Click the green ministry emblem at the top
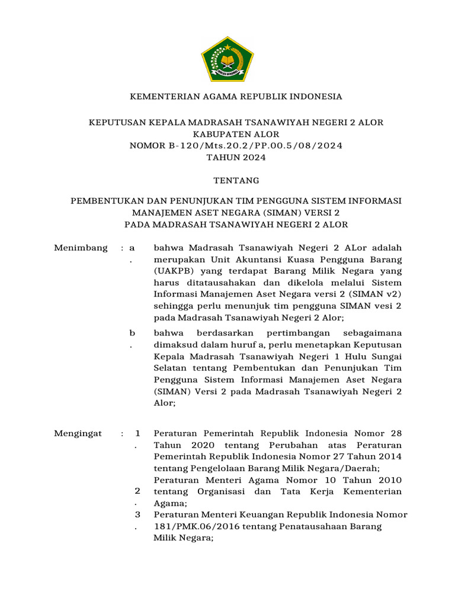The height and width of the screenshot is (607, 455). click(227, 58)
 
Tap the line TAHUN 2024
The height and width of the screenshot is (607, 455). click(227, 158)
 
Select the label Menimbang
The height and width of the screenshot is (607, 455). click(81, 247)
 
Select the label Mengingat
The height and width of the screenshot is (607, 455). click(78, 433)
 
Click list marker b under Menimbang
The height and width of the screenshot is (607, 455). click(133, 333)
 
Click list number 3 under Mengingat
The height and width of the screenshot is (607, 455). click(137, 515)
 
